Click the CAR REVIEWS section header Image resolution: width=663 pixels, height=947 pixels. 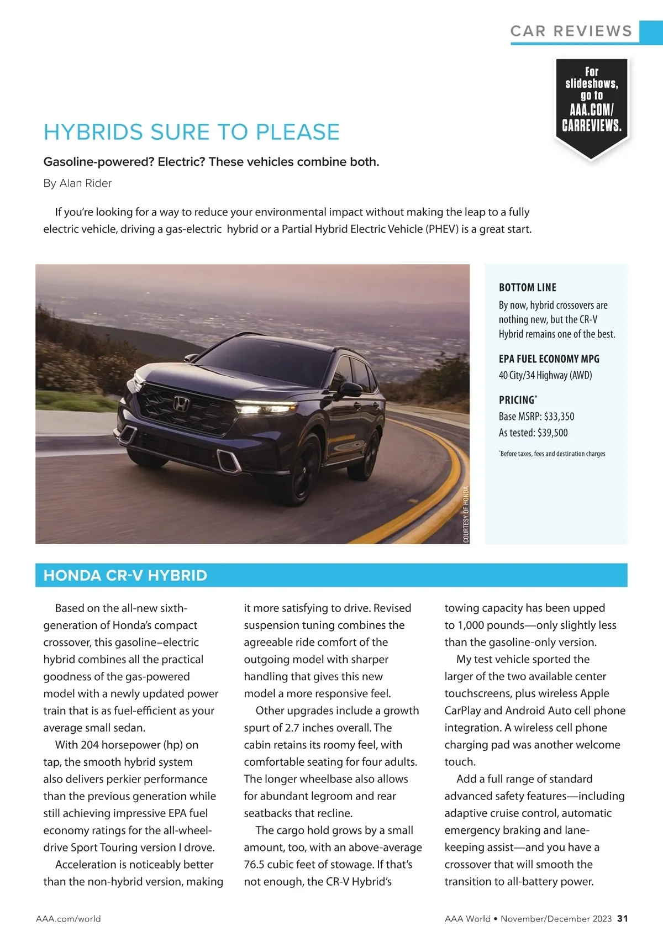[x=571, y=31]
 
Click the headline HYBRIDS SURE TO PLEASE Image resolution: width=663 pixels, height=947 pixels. [x=191, y=132]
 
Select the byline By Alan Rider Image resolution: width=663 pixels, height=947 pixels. [x=77, y=183]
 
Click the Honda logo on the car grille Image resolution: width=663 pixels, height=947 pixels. [x=181, y=403]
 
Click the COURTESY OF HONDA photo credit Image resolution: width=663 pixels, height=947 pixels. [x=466, y=514]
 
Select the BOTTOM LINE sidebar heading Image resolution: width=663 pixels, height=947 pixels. [x=527, y=287]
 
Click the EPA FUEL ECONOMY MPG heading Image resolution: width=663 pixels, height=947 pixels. [x=549, y=359]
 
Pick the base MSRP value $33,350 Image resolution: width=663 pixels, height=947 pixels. [x=559, y=417]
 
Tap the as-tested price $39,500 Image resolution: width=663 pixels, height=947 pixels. [x=552, y=433]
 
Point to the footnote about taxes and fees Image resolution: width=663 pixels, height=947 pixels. [x=552, y=454]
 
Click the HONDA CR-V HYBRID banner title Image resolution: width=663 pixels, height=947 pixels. [x=125, y=575]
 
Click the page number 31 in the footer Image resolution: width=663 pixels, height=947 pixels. [x=623, y=918]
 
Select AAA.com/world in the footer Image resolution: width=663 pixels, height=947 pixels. [x=69, y=918]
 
